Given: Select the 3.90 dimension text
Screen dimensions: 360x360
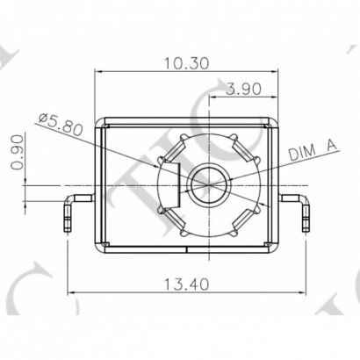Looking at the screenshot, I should point(243,89).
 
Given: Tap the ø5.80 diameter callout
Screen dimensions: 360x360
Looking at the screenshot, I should point(64,125).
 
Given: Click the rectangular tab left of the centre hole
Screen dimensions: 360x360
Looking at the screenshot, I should point(171,185).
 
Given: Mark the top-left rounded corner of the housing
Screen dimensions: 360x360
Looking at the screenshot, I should point(99,121).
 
